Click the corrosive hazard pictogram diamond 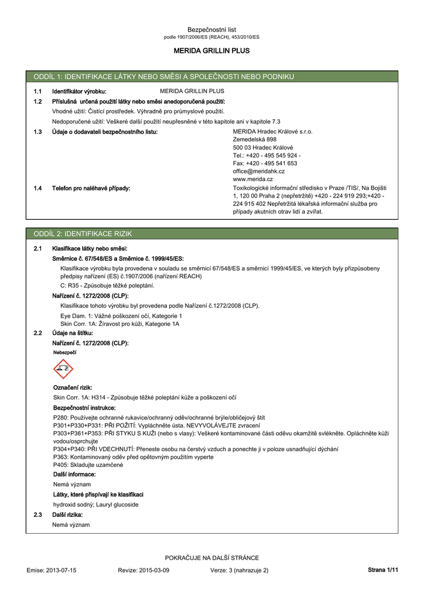(63, 369)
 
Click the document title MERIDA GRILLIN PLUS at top (211, 51)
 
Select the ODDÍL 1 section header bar (211, 77)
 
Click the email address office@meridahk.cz (258, 171)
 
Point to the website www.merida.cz (252, 179)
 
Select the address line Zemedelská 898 (254, 139)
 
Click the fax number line (265, 163)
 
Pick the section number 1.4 (38, 188)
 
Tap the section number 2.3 (38, 514)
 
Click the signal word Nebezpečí (64, 353)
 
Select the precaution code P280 (60, 418)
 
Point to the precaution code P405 (60, 465)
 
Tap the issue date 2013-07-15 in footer (61, 570)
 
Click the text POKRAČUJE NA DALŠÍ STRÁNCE (211, 558)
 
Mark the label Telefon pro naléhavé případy (91, 188)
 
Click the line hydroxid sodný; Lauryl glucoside (95, 504)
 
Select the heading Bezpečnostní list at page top (211, 29)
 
